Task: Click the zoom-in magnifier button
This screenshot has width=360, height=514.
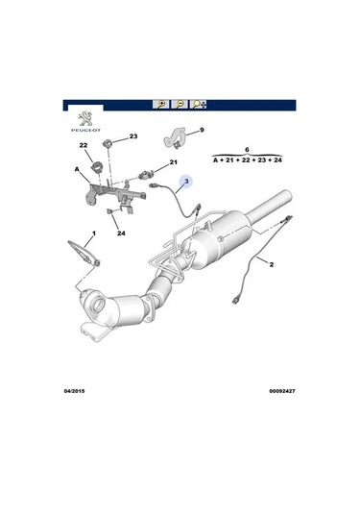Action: pos(160,105)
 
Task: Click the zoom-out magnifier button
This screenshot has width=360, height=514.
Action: pos(180,105)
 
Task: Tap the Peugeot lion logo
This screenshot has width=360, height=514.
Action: pos(85,119)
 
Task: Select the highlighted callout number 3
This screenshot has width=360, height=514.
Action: pos(186,181)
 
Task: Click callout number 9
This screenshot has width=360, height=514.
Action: pos(202,130)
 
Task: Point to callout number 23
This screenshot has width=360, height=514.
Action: pos(133,136)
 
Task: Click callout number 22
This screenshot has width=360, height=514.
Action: pos(84,145)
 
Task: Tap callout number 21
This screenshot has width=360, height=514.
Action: pos(173,162)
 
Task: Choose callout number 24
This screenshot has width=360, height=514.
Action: pos(121,233)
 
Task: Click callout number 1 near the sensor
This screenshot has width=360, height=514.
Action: pos(94,233)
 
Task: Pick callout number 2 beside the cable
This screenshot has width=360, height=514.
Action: pos(272,264)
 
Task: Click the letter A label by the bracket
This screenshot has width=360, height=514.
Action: pos(77,169)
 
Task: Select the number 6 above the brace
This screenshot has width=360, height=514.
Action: pos(247,150)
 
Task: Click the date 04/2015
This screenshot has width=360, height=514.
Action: pos(74,391)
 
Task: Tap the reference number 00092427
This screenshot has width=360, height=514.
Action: pos(282,391)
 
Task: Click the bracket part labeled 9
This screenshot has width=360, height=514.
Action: pos(175,137)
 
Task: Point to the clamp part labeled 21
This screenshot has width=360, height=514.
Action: pos(147,174)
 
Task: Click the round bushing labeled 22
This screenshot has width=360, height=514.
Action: pos(97,166)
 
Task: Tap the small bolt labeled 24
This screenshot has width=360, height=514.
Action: pos(110,211)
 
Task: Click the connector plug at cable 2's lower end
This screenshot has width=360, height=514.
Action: pos(235,301)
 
